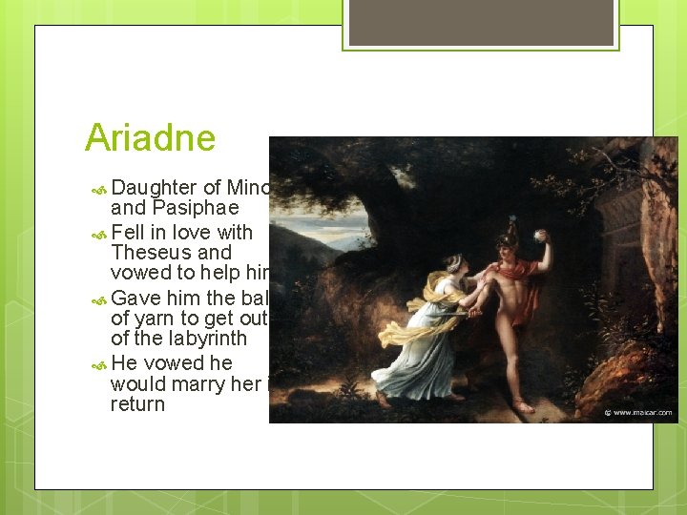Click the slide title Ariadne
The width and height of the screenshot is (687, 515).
pyautogui.click(x=150, y=138)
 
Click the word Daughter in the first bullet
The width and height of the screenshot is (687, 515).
pyautogui.click(x=155, y=189)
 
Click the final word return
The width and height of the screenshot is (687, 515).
pyautogui.click(x=137, y=404)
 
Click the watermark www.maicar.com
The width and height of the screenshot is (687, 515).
pyautogui.click(x=638, y=414)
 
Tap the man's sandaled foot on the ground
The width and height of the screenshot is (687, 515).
pyautogui.click(x=522, y=407)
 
